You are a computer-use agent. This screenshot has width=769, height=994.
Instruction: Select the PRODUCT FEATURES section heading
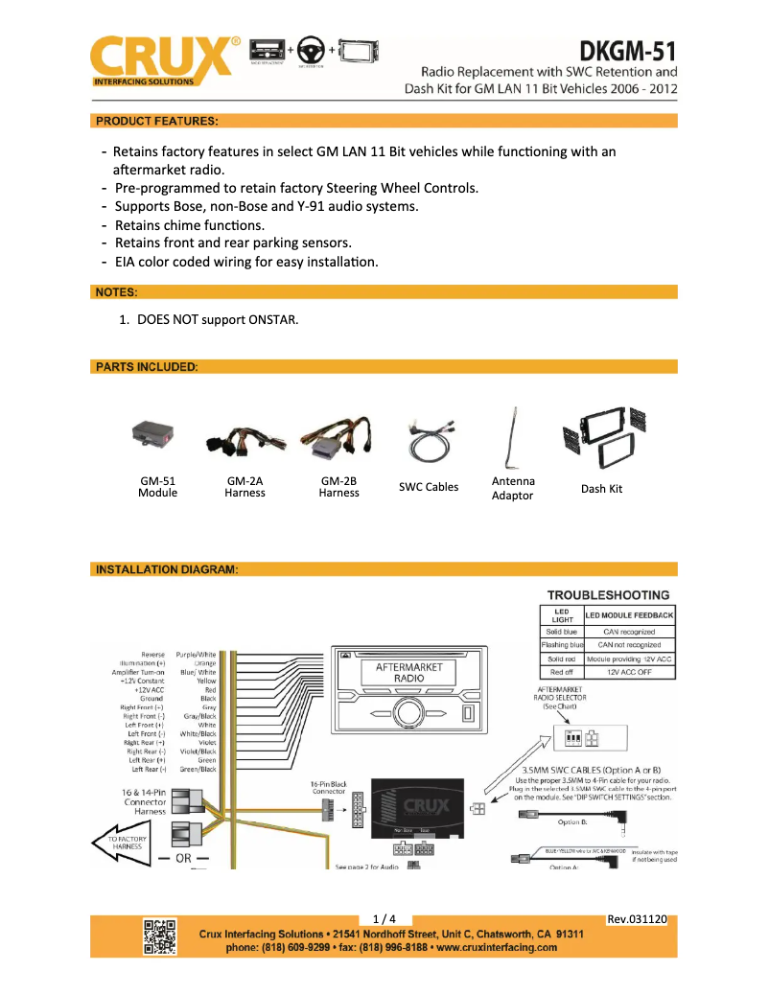pyautogui.click(x=156, y=121)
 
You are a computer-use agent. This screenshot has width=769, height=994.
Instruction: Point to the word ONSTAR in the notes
pyautogui.click(x=272, y=318)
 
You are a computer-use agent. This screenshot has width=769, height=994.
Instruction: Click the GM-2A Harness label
pyautogui.click(x=245, y=487)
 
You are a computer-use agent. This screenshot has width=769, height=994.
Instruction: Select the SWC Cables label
pyautogui.click(x=429, y=487)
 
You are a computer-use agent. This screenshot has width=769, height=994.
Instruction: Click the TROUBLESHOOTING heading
pyautogui.click(x=609, y=595)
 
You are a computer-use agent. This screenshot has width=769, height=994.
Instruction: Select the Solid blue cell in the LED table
pyautogui.click(x=562, y=632)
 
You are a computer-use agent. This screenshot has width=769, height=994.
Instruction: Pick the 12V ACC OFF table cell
pyautogui.click(x=629, y=673)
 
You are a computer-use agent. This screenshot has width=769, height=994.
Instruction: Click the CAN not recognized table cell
pyautogui.click(x=629, y=645)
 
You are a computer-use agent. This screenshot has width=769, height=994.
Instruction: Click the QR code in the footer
pyautogui.click(x=159, y=936)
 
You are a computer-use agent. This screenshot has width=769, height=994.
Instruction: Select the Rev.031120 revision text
pyautogui.click(x=637, y=919)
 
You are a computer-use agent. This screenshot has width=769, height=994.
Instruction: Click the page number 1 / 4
pyautogui.click(x=384, y=919)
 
